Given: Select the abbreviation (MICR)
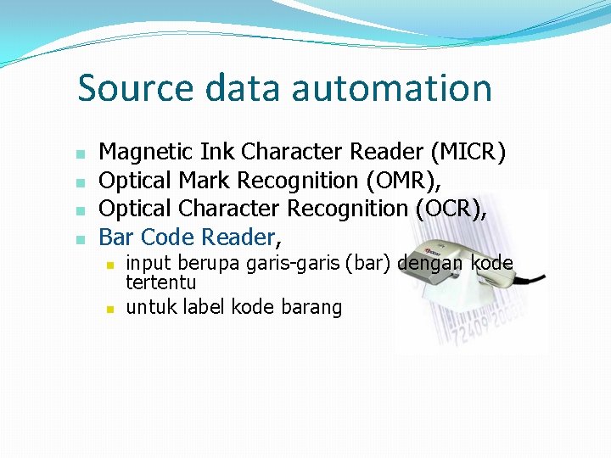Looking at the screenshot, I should tap(468, 153).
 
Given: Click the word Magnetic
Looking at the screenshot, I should tap(147, 153).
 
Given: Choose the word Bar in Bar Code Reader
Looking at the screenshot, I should tap(117, 237).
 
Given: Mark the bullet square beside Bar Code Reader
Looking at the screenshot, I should tap(79, 238).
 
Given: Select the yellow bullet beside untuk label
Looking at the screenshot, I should tap(109, 309).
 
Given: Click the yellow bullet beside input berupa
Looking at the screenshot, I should tap(109, 265).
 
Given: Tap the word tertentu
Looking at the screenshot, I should tap(160, 282).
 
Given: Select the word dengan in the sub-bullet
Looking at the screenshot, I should tap(430, 263).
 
